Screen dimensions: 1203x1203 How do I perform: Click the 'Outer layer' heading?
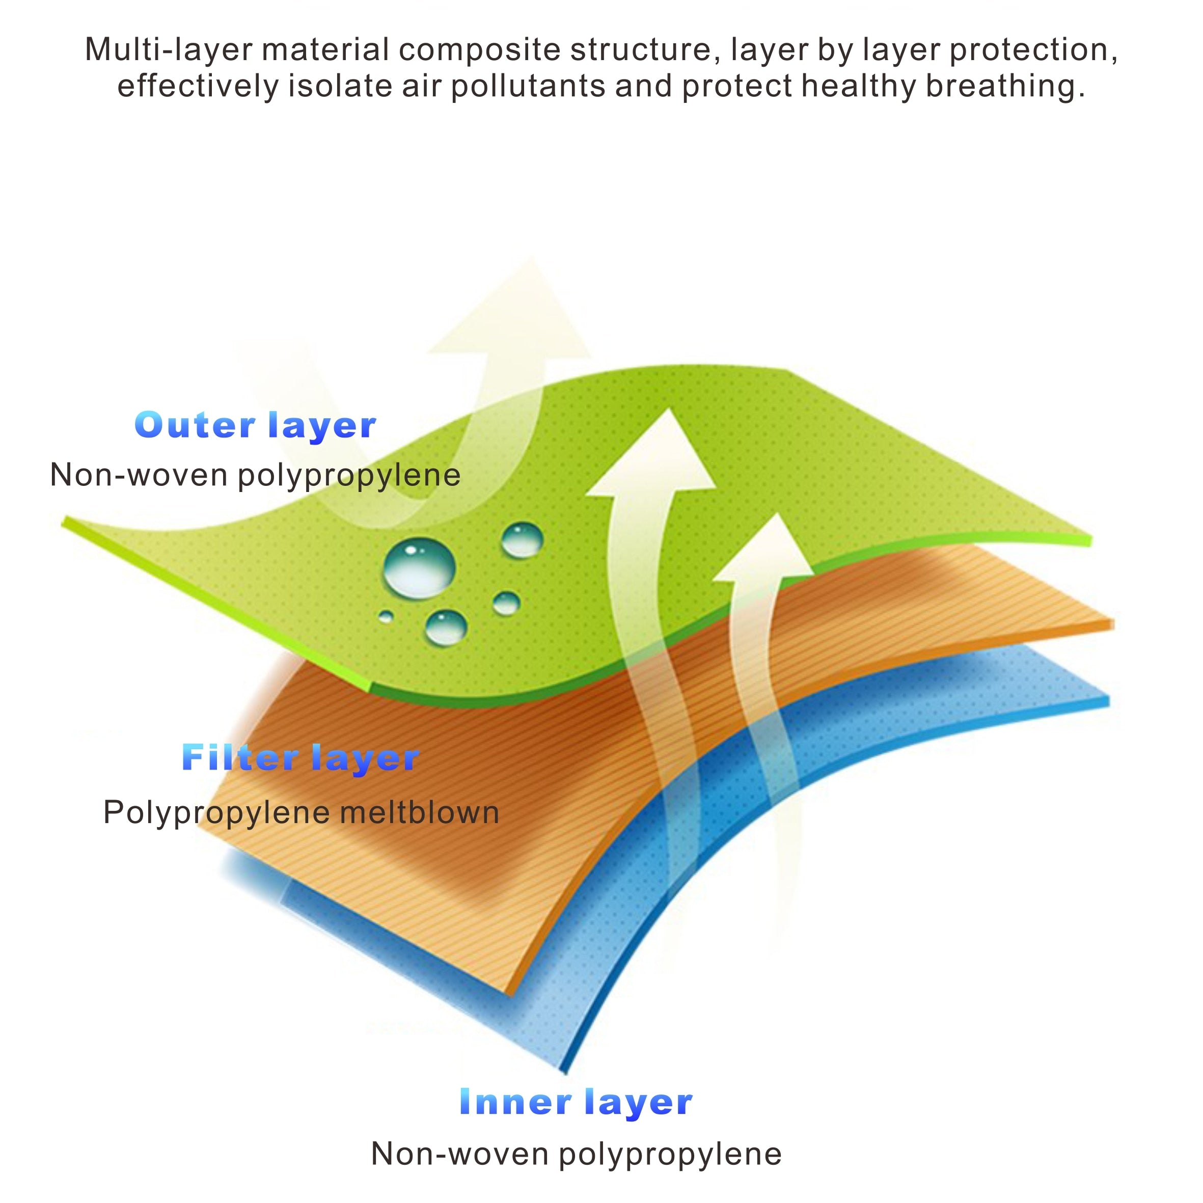coord(255,426)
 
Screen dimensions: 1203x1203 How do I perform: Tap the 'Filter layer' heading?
coord(300,758)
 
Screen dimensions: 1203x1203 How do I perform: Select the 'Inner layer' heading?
coord(576,1103)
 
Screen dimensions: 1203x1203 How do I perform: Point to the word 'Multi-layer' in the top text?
coord(168,50)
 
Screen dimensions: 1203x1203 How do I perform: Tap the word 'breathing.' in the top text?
coord(1005,86)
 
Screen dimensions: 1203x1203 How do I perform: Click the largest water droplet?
coord(419,567)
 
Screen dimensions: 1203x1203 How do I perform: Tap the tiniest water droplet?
coord(386,616)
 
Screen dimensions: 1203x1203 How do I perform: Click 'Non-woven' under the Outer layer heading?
coord(139,475)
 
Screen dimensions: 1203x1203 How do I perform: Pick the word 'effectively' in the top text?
coord(198,86)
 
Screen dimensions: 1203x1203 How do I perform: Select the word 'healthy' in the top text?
coord(859,86)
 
